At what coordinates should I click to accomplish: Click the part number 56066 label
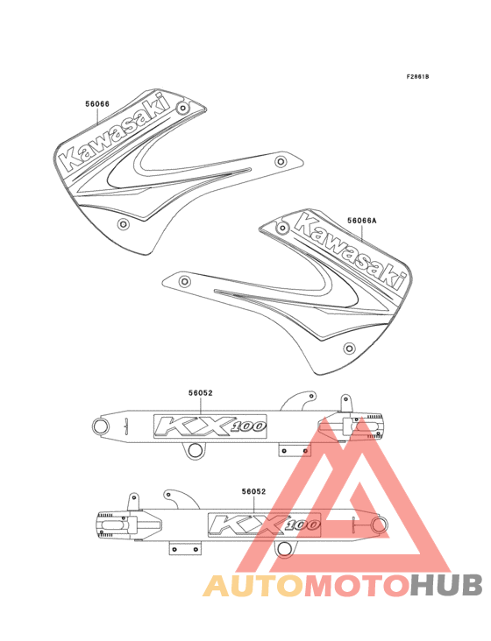tap(97, 104)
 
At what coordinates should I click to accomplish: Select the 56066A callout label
tap(362, 221)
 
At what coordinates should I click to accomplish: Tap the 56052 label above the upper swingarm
tap(201, 393)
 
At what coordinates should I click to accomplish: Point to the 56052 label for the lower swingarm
tap(253, 491)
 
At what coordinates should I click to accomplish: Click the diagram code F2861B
tap(417, 76)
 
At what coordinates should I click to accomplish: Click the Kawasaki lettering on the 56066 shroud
tap(116, 132)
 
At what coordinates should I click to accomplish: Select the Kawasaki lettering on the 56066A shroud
tap(351, 250)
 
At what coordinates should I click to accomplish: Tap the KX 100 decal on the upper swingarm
tap(210, 426)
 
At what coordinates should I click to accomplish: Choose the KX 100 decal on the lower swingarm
tap(264, 525)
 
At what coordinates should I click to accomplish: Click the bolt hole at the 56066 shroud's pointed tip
tap(281, 161)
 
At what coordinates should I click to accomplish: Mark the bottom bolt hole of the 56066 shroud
tap(123, 224)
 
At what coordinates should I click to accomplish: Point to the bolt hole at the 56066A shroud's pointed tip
tap(184, 281)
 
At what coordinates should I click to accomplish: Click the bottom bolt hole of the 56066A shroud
tap(349, 349)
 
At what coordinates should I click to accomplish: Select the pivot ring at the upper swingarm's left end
tap(101, 426)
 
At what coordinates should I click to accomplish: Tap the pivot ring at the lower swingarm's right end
tap(380, 525)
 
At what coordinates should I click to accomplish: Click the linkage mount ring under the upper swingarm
tap(196, 450)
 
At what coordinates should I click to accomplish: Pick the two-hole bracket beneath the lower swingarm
tap(185, 548)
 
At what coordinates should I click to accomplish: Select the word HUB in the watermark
tap(447, 586)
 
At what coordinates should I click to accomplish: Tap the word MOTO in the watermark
tap(358, 586)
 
